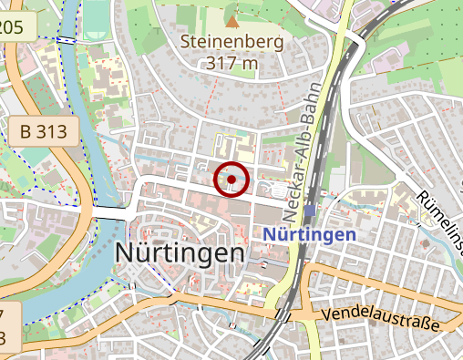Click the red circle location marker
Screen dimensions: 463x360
pyautogui.click(x=231, y=180)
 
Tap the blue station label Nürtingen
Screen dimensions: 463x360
pyautogui.click(x=309, y=234)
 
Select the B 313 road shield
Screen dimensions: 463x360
pyautogui.click(x=44, y=132)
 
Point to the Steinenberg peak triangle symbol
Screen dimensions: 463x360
pyautogui.click(x=232, y=19)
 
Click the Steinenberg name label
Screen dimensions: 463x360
pyautogui.click(x=232, y=42)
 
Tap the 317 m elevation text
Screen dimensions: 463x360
pyautogui.click(x=232, y=63)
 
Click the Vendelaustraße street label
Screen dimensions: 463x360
pyautogui.click(x=382, y=319)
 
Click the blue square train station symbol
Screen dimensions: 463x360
pyautogui.click(x=311, y=211)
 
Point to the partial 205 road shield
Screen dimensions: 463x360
pyautogui.click(x=12, y=27)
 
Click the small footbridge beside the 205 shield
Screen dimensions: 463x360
pyautogui.click(x=66, y=40)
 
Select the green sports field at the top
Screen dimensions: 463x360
pyautogui.click(x=95, y=20)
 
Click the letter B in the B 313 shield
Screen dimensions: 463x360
pyautogui.click(x=26, y=132)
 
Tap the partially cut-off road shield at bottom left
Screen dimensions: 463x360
pyautogui.click(x=8, y=329)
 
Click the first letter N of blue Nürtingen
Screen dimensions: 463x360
pyautogui.click(x=270, y=234)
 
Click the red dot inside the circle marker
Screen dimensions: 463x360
pyautogui.click(x=231, y=180)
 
